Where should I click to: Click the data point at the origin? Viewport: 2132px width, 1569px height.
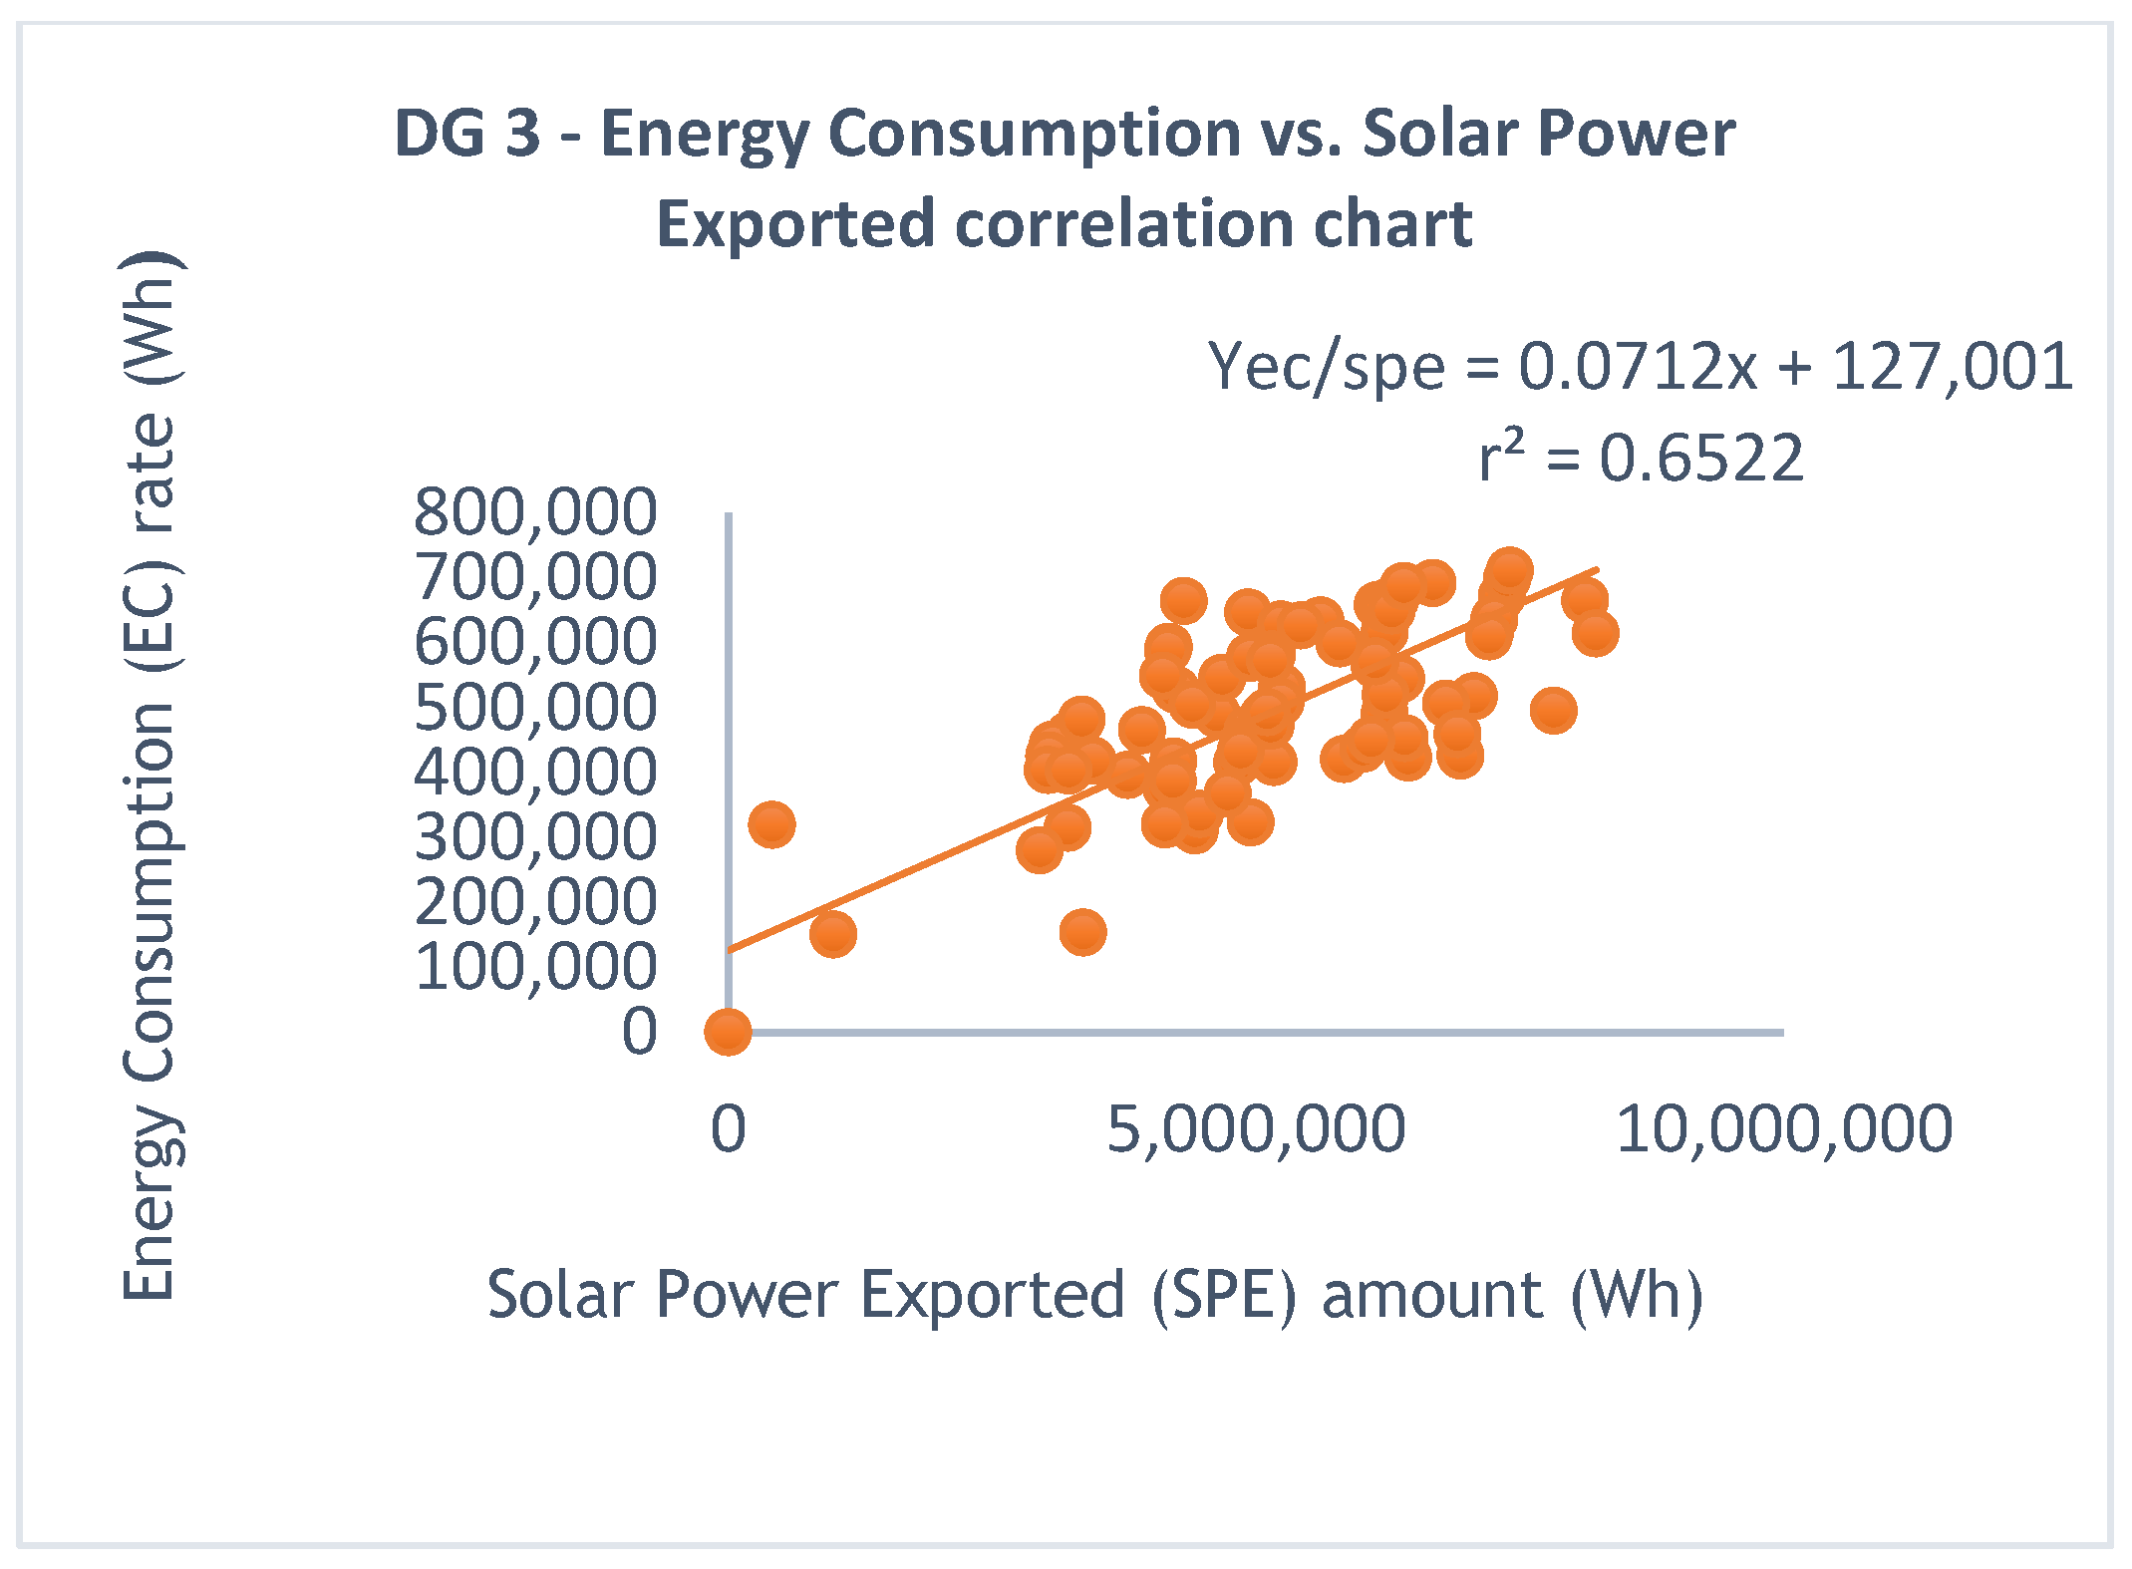coord(728,1031)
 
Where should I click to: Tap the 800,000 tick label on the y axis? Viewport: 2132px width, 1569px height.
coord(535,513)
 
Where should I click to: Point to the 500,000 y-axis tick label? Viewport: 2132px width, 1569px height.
coord(535,708)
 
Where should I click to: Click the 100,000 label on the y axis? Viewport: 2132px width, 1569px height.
coord(535,966)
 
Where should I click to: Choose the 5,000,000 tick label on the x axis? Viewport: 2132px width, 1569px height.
coord(1256,1129)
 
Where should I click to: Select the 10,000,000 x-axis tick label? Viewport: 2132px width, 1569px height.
coord(1783,1129)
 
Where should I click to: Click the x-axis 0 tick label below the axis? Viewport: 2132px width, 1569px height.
coord(728,1129)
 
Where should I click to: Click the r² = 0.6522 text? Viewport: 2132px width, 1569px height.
coord(1641,459)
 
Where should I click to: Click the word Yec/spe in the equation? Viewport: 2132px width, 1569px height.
coord(1326,367)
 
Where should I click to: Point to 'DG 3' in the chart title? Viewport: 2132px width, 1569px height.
coord(466,134)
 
